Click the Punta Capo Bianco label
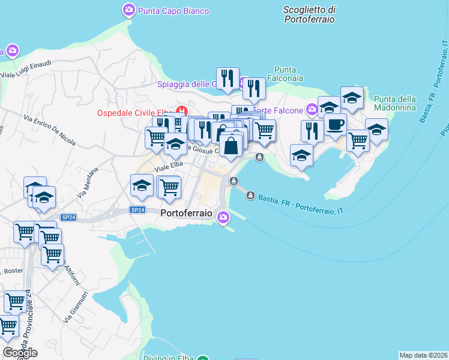173,11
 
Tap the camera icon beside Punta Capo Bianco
128,10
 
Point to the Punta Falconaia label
289,74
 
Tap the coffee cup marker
335,125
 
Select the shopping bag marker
231,145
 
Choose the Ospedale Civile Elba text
135,113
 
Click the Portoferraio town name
187,212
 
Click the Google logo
20,352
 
